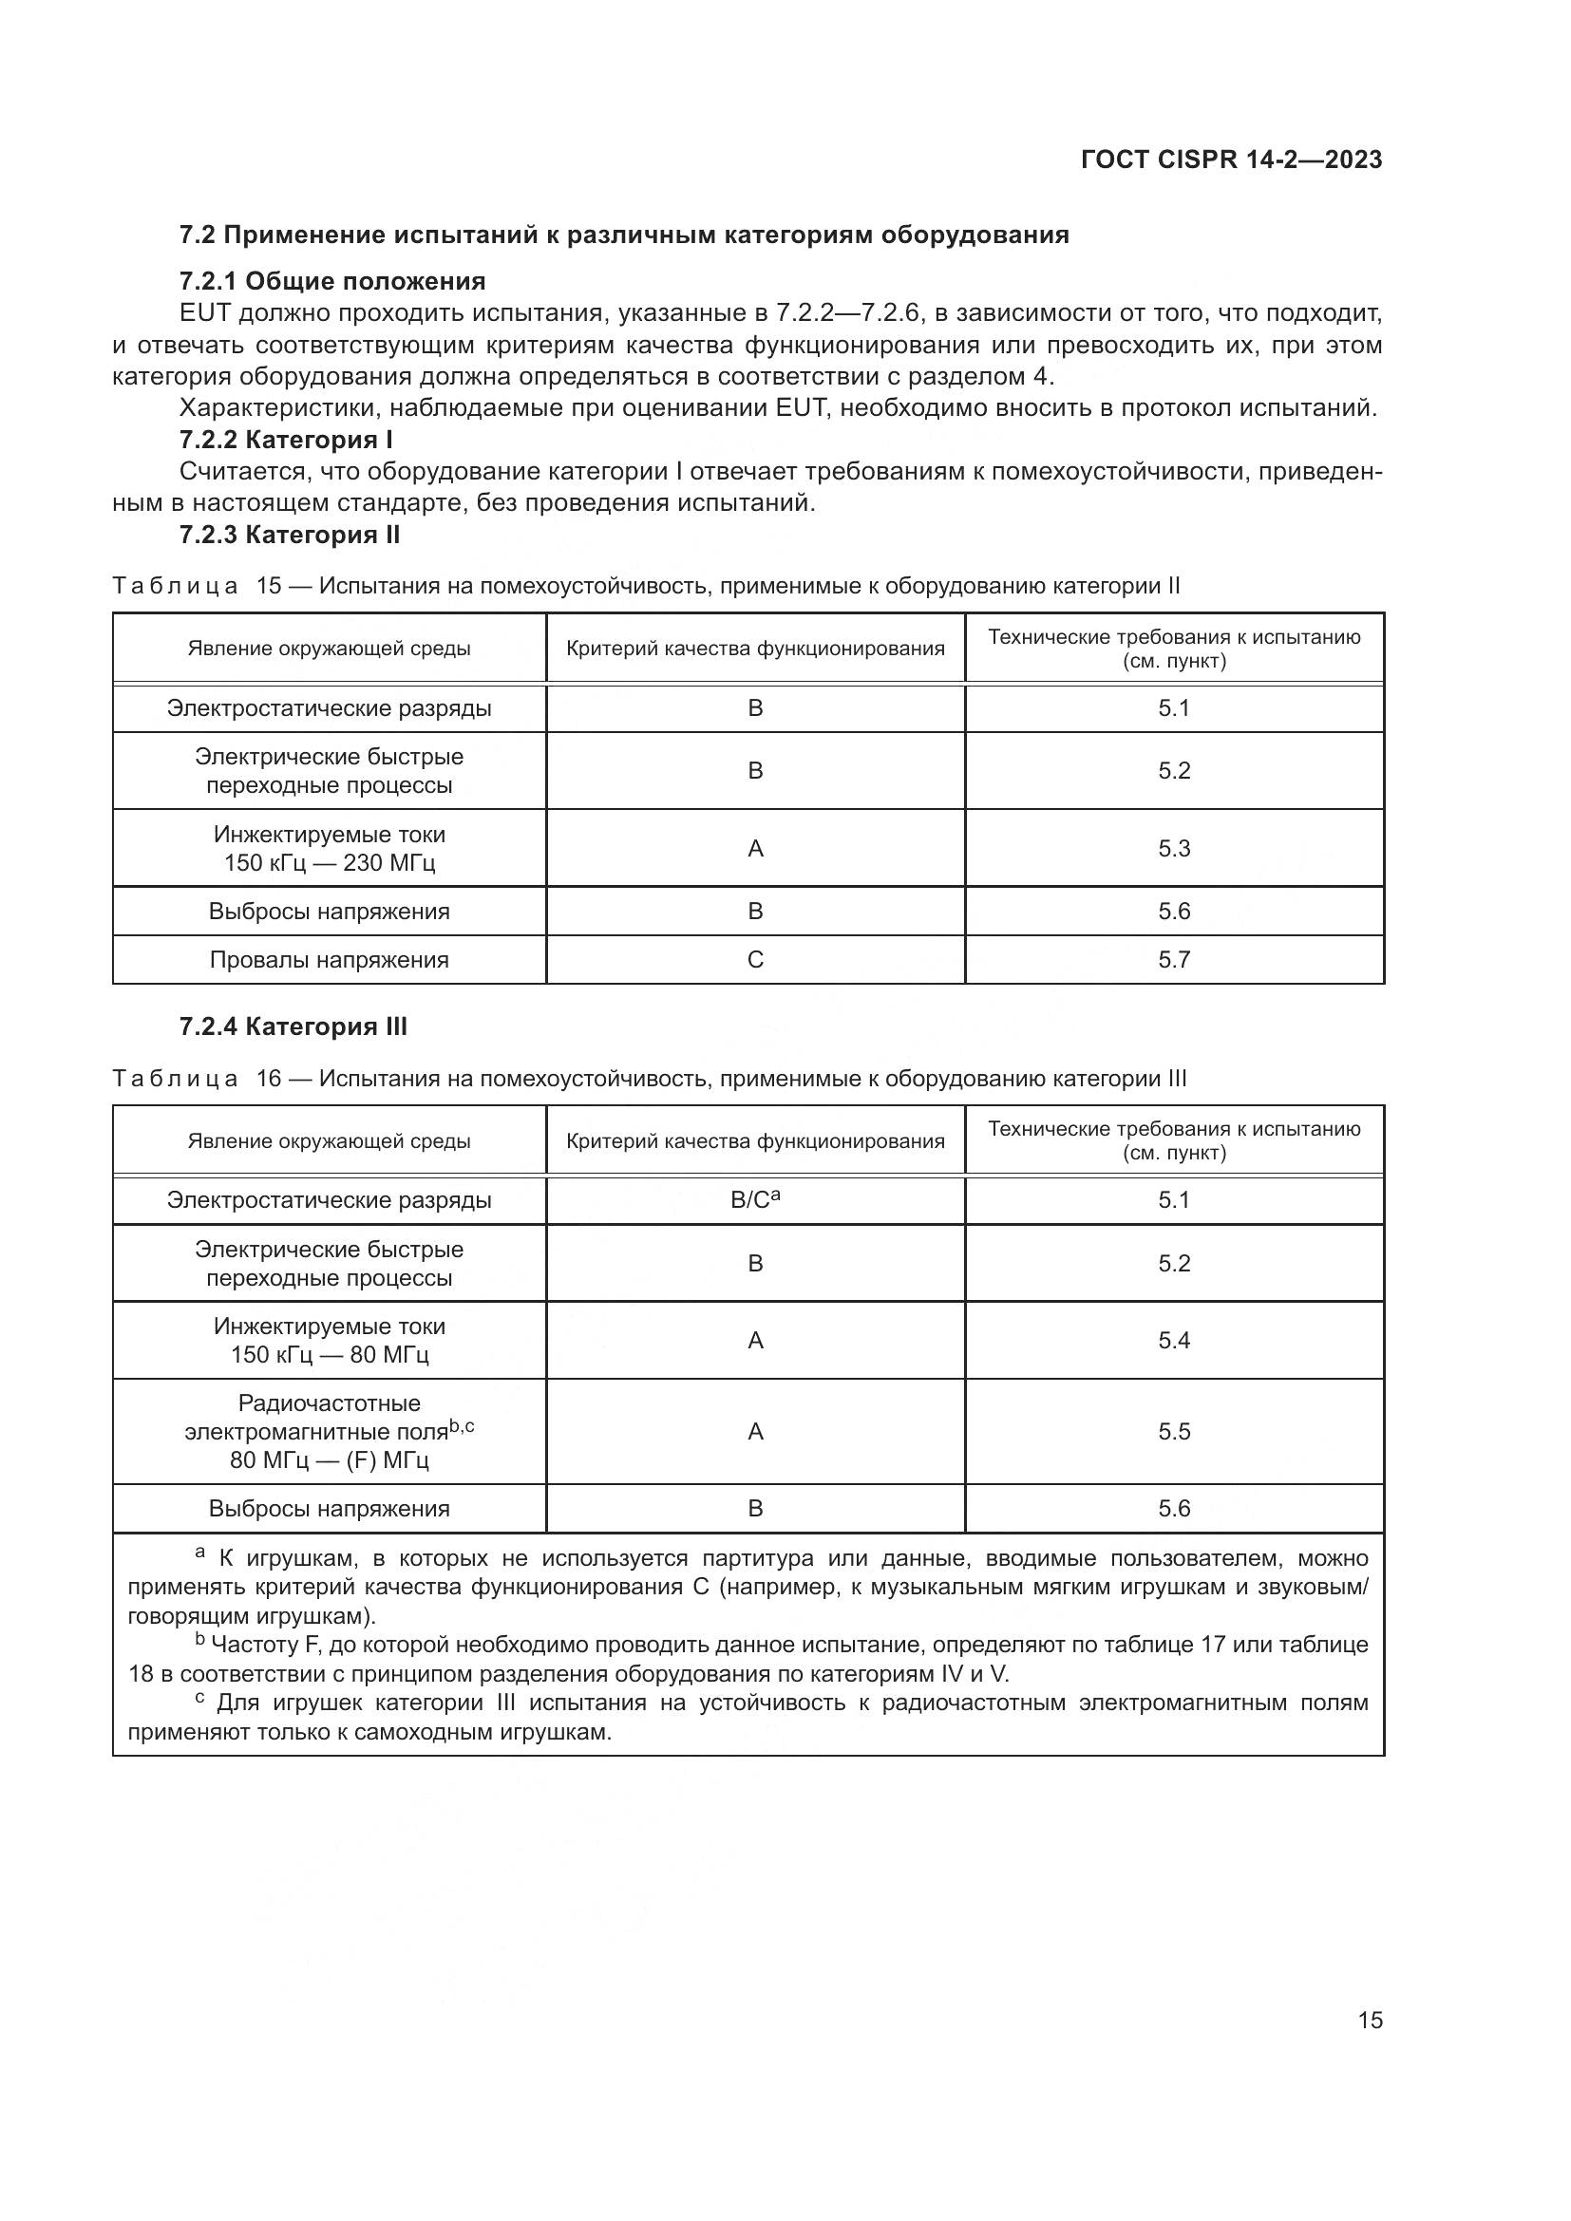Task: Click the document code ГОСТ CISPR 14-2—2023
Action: [x=1230, y=160]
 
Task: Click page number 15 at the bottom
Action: [x=1370, y=2020]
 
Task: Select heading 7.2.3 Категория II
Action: [x=290, y=535]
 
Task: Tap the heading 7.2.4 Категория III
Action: [x=293, y=1027]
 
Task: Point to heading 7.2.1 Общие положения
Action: [x=331, y=281]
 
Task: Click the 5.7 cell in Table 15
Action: [x=1173, y=960]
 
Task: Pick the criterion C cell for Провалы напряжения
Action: [x=755, y=960]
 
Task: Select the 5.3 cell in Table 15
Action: [x=1173, y=848]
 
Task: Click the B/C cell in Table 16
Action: [x=755, y=1200]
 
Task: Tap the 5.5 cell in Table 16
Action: [x=1173, y=1432]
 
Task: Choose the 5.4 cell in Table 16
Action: [x=1173, y=1341]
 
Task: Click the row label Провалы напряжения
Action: [x=329, y=960]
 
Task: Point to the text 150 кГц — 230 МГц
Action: [x=329, y=863]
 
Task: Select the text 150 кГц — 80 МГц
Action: [x=329, y=1354]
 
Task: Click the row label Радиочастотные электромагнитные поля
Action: [x=329, y=1417]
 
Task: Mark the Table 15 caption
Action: [x=645, y=586]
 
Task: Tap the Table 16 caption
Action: [x=648, y=1079]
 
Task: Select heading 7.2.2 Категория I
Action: [x=285, y=441]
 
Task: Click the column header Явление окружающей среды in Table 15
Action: [x=329, y=649]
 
